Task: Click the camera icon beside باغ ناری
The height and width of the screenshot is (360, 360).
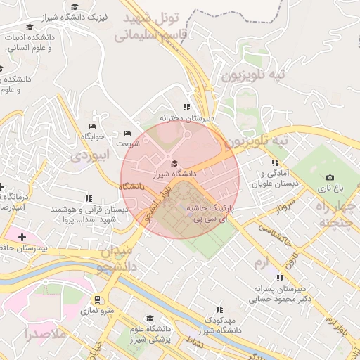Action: (330, 178)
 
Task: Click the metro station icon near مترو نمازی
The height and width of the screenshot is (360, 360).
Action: (97, 299)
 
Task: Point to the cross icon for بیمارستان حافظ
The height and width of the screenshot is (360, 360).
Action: (22, 238)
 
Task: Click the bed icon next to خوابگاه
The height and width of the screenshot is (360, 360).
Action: (93, 126)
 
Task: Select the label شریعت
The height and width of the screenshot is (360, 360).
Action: (128, 143)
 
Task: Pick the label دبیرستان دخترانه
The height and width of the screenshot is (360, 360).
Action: (186, 118)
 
